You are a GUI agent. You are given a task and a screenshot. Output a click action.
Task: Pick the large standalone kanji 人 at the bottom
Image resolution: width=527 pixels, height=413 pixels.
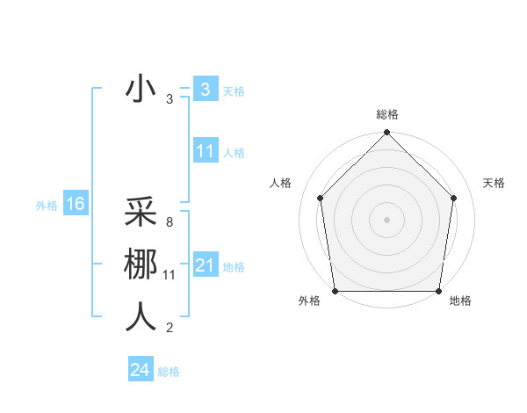(141, 316)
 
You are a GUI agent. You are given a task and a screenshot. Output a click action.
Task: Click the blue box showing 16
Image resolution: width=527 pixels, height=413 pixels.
(75, 205)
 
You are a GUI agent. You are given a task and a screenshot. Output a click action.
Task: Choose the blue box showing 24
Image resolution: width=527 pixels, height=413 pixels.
(140, 370)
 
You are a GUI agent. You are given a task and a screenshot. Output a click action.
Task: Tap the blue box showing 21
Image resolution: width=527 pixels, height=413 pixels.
(205, 265)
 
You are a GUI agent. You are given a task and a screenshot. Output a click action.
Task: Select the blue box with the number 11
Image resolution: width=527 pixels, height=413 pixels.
(205, 151)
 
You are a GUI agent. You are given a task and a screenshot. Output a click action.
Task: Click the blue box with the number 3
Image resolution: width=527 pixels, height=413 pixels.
(205, 90)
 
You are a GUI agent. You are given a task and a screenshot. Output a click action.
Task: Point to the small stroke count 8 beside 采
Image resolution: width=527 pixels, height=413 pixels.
(169, 223)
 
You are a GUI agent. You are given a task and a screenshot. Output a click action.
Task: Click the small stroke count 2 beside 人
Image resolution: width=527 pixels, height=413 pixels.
(169, 329)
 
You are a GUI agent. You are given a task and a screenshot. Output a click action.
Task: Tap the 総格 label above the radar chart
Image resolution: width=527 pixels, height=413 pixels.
(386, 114)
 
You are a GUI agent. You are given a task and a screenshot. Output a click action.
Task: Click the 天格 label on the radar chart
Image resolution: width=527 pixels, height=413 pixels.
(494, 183)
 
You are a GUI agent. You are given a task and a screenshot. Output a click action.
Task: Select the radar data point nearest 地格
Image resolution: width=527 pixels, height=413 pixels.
(438, 291)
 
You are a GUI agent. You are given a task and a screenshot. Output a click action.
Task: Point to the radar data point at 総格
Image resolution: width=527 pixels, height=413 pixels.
(386, 134)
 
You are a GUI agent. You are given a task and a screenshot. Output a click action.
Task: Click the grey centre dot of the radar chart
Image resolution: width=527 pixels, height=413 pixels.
(386, 219)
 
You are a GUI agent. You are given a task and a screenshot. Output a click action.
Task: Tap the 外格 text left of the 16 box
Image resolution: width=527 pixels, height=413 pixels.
(47, 206)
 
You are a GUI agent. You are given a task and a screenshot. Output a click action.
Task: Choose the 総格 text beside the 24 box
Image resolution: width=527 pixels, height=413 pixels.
(169, 372)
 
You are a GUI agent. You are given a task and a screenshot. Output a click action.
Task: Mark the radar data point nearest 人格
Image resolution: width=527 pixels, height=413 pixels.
(320, 198)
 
